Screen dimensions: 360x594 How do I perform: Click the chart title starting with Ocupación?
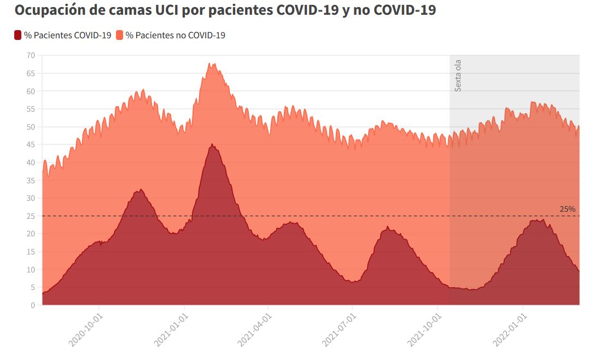(225, 10)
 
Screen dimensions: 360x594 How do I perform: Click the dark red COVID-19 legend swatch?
(18, 36)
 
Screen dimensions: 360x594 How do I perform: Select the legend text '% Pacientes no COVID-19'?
(176, 36)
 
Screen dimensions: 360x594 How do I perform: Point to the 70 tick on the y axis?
(31, 55)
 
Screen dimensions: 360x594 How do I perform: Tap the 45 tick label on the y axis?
(31, 144)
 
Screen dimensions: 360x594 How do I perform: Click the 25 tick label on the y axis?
(31, 216)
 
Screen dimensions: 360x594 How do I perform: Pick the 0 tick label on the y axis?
(33, 305)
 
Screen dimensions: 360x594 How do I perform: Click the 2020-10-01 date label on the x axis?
(86, 330)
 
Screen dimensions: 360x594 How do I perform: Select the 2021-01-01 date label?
(171, 330)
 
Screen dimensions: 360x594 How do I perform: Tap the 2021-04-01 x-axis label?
(255, 330)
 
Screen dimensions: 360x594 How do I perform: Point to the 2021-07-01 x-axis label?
(340, 330)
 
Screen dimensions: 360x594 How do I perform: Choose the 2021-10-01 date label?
(425, 330)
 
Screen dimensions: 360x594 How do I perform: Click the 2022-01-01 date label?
(510, 330)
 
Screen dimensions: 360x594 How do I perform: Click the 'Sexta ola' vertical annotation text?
(458, 76)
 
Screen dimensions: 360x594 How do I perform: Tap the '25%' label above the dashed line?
(567, 209)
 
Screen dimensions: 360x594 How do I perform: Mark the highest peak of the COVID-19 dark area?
(212, 144)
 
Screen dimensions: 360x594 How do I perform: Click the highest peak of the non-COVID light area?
(211, 63)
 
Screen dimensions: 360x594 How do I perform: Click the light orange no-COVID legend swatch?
(120, 36)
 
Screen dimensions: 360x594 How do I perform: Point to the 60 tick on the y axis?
(31, 91)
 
